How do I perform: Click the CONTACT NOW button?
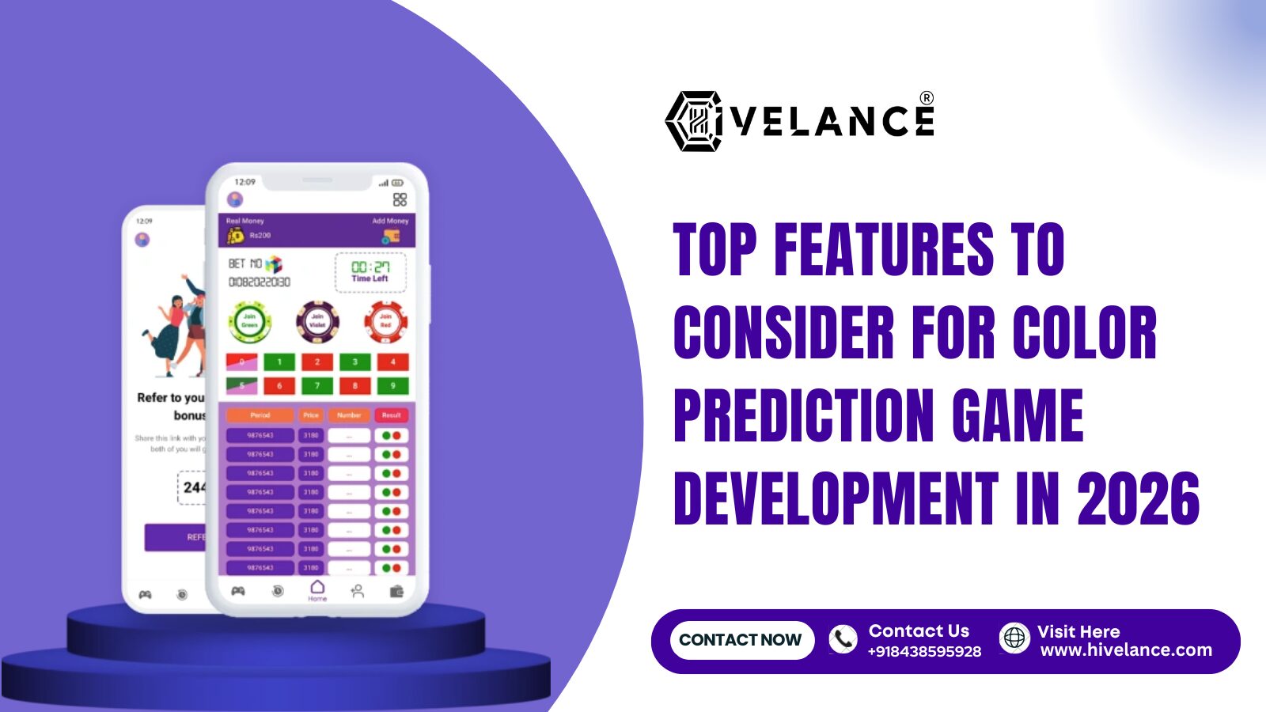click(741, 640)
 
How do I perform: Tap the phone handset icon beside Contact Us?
click(843, 639)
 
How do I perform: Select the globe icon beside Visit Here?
click(1014, 638)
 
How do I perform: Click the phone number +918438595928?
click(924, 652)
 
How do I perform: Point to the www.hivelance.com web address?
click(1126, 650)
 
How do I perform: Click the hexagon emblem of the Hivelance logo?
click(693, 121)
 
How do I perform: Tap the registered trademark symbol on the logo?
click(927, 98)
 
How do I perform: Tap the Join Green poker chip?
click(249, 321)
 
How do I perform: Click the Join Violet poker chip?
click(317, 321)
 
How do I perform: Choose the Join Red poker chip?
click(385, 321)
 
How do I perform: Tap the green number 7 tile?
click(317, 386)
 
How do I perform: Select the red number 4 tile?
click(392, 362)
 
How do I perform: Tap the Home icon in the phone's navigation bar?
click(317, 588)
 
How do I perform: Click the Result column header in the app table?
click(391, 415)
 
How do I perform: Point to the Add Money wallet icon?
click(391, 236)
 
